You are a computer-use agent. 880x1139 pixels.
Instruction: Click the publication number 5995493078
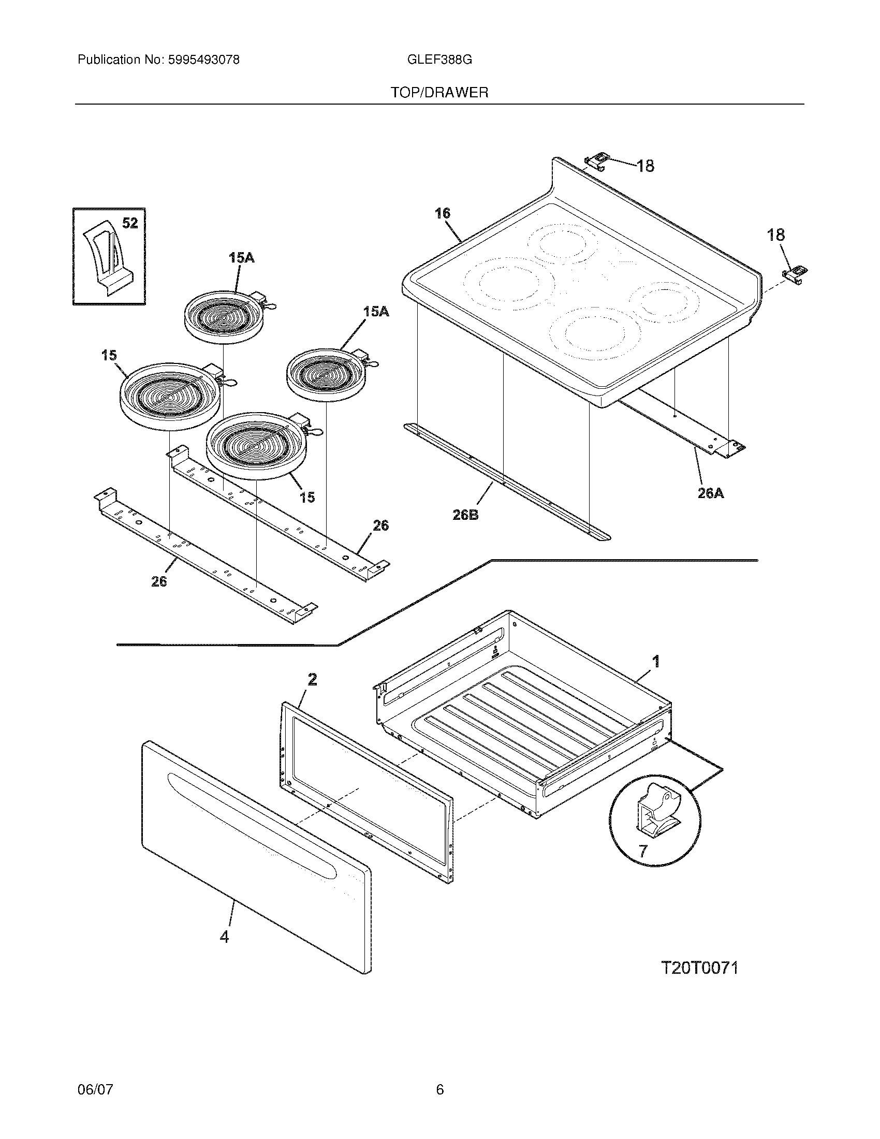203,60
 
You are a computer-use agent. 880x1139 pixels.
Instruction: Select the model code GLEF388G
439,60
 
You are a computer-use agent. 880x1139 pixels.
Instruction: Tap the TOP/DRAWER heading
439,93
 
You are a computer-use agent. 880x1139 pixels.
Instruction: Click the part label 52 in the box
130,223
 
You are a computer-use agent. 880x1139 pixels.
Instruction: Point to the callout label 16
442,213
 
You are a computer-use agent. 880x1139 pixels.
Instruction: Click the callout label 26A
711,493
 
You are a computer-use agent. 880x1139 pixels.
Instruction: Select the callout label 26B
465,515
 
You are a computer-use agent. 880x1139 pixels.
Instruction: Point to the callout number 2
312,679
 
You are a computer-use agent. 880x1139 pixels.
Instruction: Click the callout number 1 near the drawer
656,661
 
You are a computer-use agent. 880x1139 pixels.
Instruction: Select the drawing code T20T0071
700,968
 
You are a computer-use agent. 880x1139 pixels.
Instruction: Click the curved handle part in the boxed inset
107,258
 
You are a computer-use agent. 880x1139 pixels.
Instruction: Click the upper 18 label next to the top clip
645,166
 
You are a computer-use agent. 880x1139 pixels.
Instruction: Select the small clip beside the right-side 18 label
795,273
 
